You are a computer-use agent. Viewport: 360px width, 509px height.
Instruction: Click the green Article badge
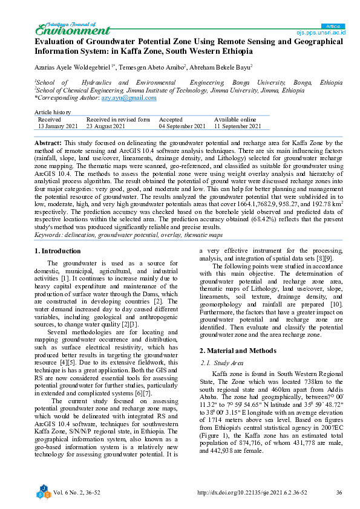333,26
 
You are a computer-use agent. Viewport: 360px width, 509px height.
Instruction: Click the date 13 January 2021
58,126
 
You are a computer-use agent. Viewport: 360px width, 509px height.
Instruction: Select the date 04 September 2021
182,126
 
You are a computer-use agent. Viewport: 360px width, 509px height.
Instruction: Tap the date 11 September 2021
238,126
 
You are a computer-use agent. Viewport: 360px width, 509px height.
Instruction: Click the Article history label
53,112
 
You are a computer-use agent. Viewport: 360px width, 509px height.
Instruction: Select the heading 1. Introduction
57,250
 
